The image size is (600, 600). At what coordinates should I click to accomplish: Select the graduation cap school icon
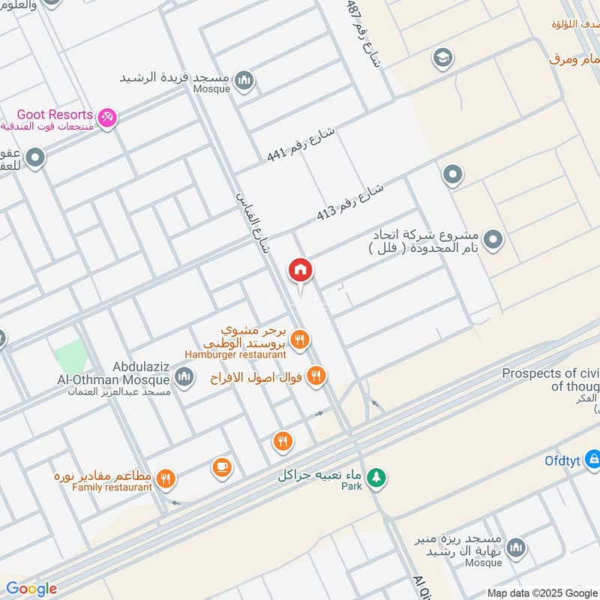(442, 57)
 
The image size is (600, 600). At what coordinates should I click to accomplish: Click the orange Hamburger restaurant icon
(300, 340)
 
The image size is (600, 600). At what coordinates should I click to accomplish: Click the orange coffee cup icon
(221, 466)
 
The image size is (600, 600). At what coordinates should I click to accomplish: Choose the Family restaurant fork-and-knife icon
(166, 478)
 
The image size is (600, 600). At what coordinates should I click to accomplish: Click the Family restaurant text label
(112, 487)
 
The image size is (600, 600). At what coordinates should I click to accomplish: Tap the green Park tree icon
(376, 476)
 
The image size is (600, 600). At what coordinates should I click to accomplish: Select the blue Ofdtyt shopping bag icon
(592, 457)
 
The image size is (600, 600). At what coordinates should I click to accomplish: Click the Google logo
(31, 589)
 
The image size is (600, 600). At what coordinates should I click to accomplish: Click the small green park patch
(70, 353)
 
